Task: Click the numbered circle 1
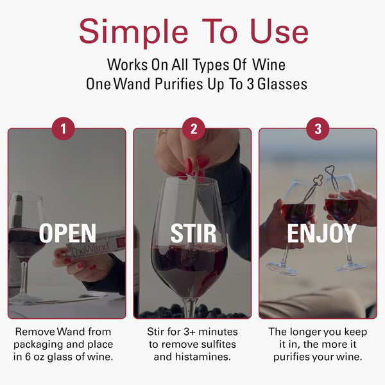tap(63, 129)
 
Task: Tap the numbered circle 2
tap(193, 129)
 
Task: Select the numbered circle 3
tap(318, 129)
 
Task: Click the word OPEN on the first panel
tap(67, 234)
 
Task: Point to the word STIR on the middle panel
tap(193, 234)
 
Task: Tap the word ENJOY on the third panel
tap(321, 234)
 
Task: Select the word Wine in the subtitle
tap(269, 65)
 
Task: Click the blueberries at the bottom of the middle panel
tap(193, 313)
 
